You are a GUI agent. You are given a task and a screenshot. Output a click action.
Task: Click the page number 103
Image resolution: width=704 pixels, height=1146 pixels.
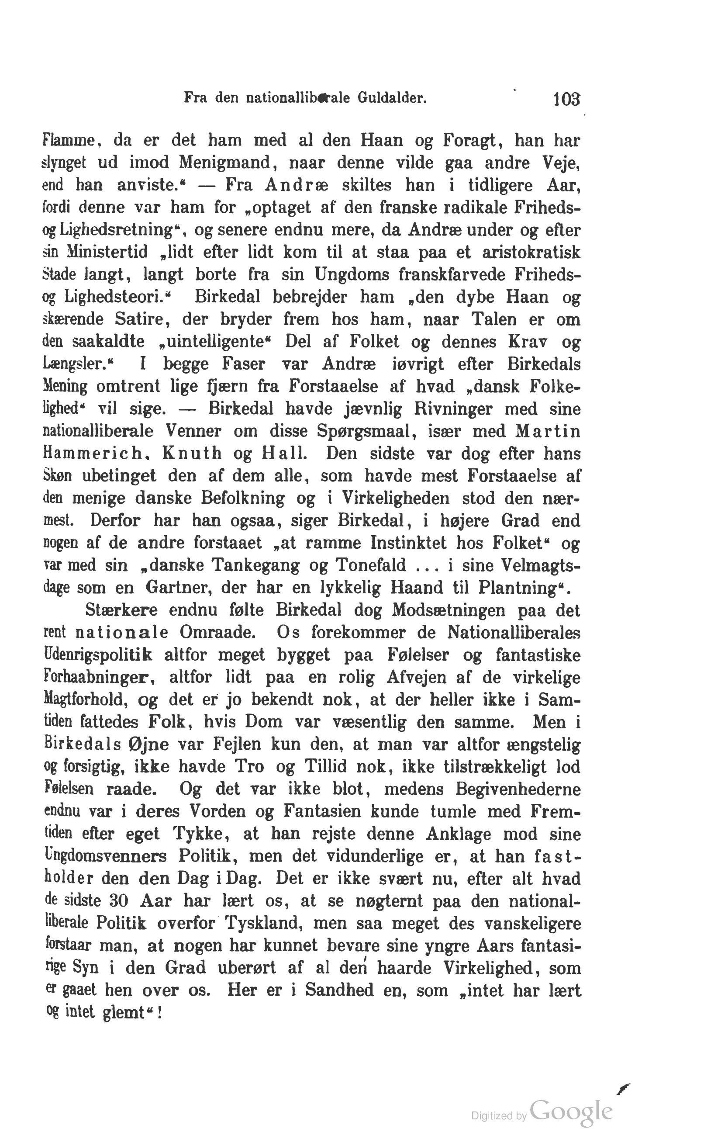566,99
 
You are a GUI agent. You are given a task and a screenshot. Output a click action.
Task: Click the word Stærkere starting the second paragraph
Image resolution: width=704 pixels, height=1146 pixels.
121,610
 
